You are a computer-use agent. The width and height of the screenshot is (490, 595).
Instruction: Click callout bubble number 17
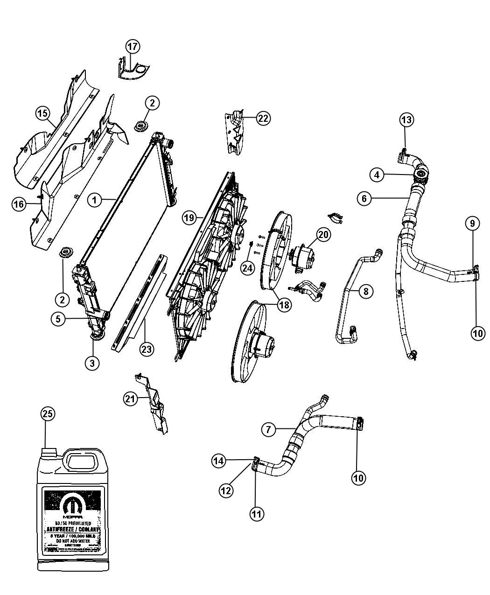click(133, 46)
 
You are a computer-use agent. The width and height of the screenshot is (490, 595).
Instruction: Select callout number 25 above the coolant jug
click(48, 413)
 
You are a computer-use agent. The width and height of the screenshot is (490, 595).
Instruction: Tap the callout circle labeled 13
click(406, 120)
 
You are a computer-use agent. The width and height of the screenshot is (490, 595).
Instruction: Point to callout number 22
click(263, 118)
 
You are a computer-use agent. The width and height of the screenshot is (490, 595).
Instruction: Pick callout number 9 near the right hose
click(472, 224)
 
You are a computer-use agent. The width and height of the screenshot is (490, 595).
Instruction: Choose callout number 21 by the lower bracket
click(131, 399)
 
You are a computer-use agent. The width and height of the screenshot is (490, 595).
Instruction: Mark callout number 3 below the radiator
click(92, 363)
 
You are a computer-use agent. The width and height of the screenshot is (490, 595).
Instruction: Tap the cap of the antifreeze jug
click(49, 452)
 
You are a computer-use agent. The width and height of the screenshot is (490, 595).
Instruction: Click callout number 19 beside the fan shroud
click(189, 217)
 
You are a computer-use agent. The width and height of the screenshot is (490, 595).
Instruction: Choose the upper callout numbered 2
click(152, 104)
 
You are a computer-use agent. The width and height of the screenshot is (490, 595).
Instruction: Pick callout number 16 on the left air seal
click(19, 204)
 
